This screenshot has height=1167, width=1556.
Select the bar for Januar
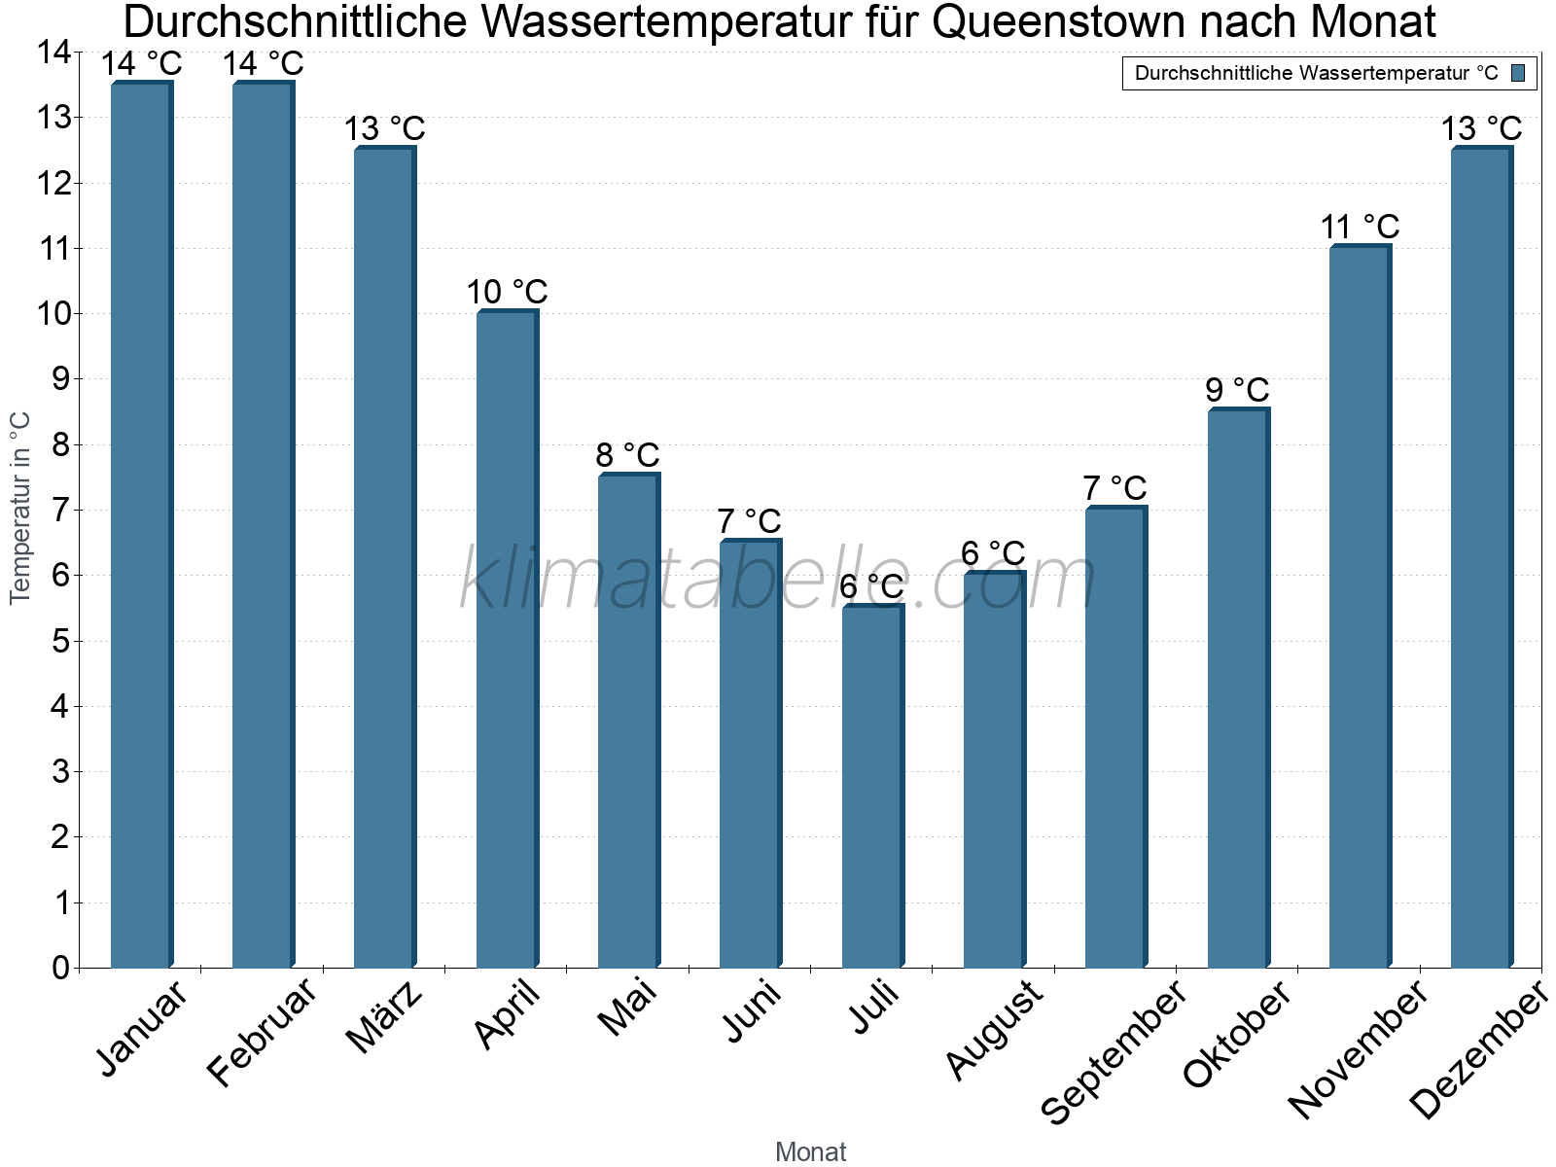coord(141,525)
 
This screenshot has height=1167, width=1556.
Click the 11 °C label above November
coord(1360,228)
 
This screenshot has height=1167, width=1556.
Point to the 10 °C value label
coord(507,292)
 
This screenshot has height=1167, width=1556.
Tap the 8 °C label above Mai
coord(628,455)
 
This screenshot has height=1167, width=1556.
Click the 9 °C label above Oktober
coord(1238,390)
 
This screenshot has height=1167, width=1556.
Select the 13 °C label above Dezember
coord(1481,128)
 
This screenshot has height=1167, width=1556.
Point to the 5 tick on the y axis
coord(60,641)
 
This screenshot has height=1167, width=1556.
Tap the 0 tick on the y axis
coord(60,968)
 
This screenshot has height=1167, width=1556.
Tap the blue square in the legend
coord(1518,73)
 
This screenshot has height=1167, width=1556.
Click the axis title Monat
coord(810,1151)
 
